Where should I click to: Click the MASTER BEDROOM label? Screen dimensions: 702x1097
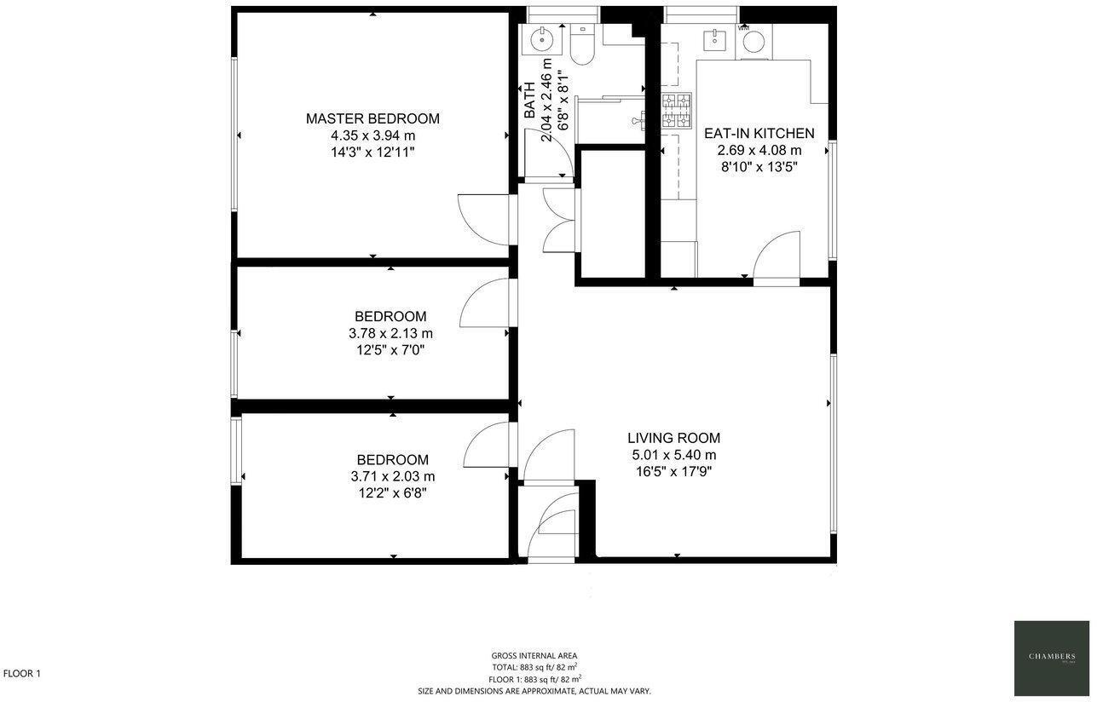[x=372, y=118]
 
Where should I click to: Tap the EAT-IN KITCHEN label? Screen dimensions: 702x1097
[x=759, y=134]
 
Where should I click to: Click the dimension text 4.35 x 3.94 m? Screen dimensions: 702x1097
[x=372, y=135]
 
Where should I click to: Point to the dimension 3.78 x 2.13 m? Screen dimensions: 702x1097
[x=390, y=333]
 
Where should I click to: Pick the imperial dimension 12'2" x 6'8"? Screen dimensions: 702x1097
[x=392, y=493]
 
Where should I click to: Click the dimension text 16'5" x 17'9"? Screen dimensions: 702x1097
[x=673, y=470]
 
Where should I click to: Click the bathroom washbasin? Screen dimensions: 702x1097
[x=541, y=38]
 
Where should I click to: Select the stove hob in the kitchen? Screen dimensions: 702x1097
[x=678, y=108]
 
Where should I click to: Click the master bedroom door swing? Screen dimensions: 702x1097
[x=482, y=220]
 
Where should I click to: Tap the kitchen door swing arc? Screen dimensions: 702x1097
[x=777, y=256]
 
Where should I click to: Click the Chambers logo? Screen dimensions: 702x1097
[x=1051, y=658]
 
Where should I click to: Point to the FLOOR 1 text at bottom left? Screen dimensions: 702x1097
[x=22, y=674]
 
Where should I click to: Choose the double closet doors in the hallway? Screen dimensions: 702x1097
[x=560, y=220]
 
